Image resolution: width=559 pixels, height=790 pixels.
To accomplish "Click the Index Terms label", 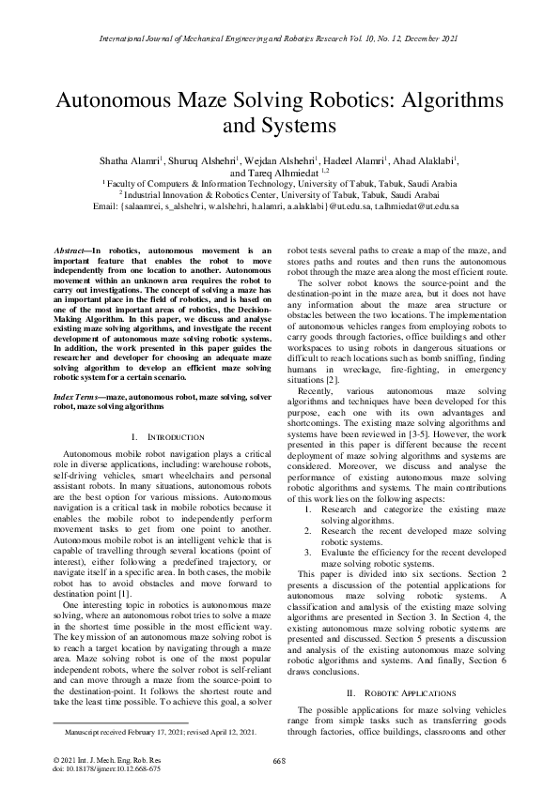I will [x=79, y=399].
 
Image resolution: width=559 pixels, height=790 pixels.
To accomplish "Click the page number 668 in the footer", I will [x=279, y=760].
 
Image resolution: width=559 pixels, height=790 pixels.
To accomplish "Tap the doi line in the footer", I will [x=93, y=767].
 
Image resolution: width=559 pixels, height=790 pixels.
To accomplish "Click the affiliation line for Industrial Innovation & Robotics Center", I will [x=279, y=194].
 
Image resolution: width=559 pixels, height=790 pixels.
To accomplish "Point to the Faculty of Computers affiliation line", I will [x=279, y=184].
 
